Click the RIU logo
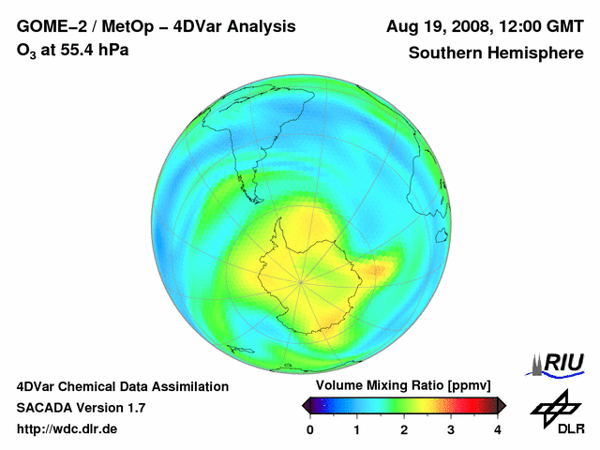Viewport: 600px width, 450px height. coord(558,364)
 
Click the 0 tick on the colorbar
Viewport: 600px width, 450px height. coord(310,430)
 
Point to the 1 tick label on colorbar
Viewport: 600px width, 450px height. coord(357,430)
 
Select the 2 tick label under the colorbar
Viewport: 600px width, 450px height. coord(404,430)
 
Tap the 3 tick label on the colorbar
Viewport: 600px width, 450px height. coord(451,430)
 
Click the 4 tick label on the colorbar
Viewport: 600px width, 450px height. coord(498,430)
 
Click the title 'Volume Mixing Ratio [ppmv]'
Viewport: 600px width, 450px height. coord(403,385)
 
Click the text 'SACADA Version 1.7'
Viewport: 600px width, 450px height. coord(81,408)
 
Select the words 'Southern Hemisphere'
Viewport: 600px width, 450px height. coord(495,53)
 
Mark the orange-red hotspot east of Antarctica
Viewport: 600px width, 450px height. coord(383,270)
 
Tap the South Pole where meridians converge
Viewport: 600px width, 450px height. coord(301,280)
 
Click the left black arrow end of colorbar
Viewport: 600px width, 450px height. coord(306,405)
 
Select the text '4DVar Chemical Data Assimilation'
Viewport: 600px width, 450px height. coord(122,386)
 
